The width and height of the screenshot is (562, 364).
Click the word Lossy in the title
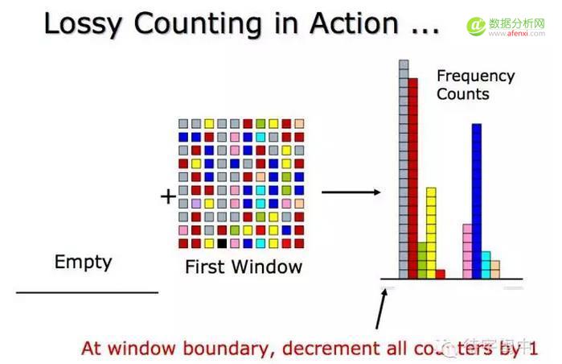81,24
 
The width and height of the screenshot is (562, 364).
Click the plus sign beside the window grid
168,196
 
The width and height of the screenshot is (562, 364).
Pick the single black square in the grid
222,242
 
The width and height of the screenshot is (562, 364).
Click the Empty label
83,262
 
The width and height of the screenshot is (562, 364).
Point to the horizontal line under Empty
87,292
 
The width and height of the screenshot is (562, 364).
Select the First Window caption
244,267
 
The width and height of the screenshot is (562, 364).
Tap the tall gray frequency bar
404,169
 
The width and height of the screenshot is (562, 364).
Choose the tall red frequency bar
413,177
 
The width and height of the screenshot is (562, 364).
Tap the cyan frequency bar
486,265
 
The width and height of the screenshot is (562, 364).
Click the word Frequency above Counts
475,77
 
